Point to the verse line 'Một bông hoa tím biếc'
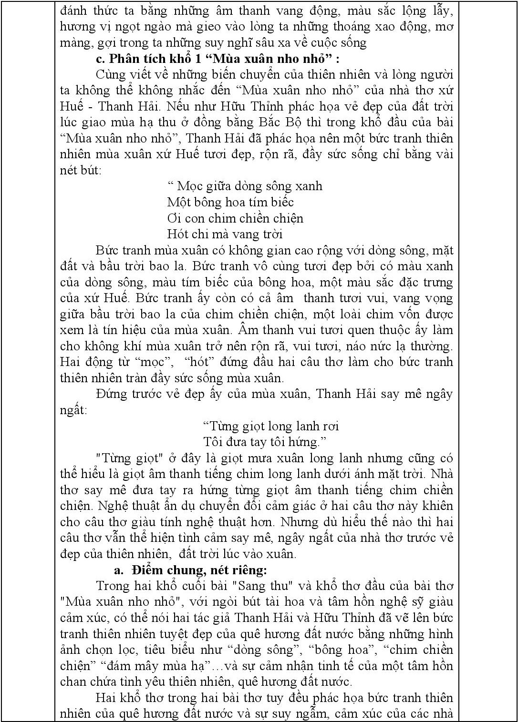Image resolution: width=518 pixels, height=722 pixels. (x=230, y=202)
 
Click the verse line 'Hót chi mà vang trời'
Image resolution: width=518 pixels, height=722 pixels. (x=225, y=234)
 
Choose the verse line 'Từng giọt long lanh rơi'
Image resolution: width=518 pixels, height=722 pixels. (x=271, y=426)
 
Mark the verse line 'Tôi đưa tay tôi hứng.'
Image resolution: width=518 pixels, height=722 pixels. (x=265, y=442)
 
